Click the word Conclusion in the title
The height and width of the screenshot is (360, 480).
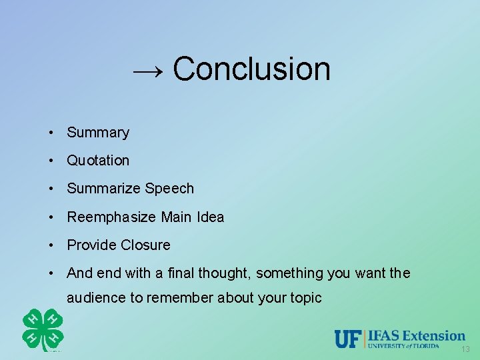pos(251,69)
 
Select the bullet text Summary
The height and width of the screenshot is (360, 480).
pos(98,133)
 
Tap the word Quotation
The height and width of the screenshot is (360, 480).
pos(98,161)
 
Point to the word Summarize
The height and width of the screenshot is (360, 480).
pos(103,189)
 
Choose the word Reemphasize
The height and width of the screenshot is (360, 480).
pos(112,217)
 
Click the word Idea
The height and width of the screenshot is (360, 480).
pos(211,217)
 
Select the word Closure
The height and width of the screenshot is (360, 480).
pos(145,245)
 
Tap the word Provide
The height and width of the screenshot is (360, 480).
pos(91,245)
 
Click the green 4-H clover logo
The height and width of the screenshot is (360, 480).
pos(43,329)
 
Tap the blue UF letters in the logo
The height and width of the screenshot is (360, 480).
pos(347,339)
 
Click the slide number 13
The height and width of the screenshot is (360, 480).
pos(465,349)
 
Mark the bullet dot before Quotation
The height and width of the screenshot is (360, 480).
pos(51,161)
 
